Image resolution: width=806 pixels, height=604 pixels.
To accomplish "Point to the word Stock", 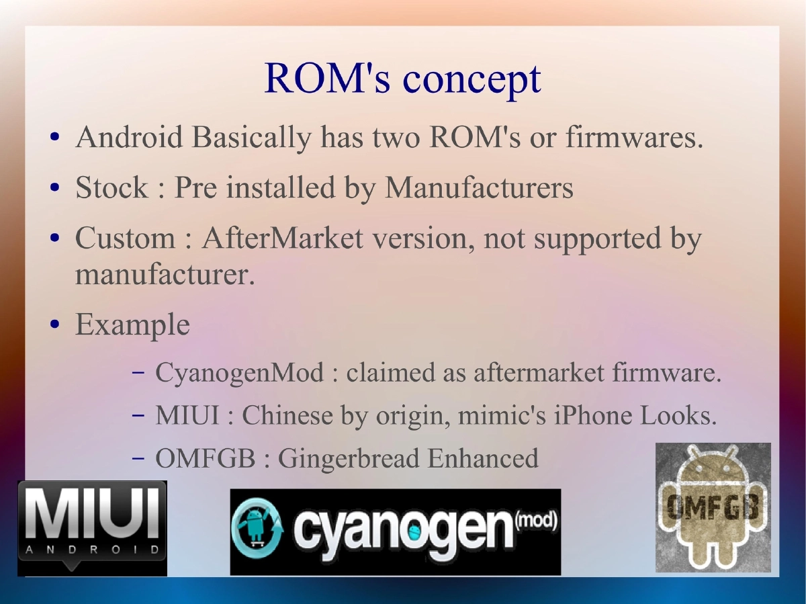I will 111,187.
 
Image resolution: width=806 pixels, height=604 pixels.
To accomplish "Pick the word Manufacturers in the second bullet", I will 479,187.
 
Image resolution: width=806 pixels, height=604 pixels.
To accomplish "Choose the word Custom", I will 125,238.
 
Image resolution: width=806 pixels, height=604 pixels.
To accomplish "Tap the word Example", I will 132,325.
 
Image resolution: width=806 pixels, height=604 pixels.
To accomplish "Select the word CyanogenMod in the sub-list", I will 239,372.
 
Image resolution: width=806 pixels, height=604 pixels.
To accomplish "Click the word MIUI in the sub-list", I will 187,416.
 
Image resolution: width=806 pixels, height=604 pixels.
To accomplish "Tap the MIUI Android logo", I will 92,528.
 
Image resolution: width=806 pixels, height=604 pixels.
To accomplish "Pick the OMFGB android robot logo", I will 713,507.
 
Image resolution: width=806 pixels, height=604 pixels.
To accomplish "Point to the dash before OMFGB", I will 138,459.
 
